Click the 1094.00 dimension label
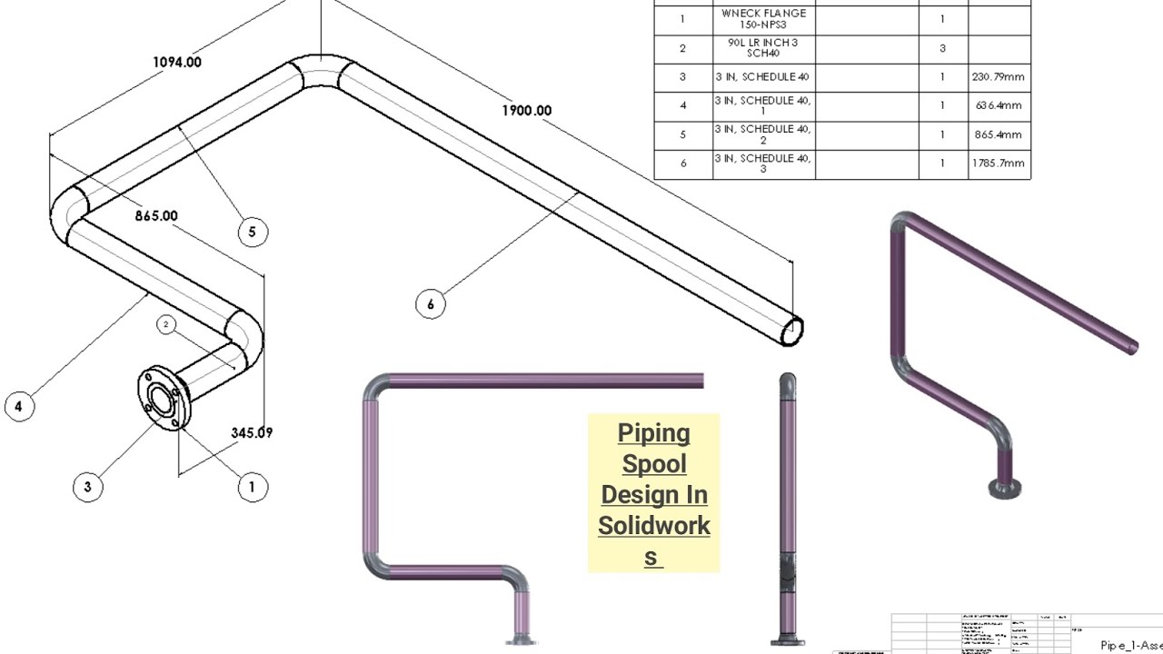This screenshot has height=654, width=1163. (177, 62)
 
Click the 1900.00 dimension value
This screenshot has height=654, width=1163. (526, 110)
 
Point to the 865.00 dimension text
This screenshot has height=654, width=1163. (156, 216)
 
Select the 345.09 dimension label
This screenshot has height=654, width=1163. (252, 433)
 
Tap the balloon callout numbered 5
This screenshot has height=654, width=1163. (253, 232)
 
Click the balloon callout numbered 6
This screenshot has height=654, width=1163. (431, 303)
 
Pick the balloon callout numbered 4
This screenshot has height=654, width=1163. (19, 406)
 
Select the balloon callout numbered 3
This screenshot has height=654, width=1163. (87, 486)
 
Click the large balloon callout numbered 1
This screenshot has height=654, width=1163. (253, 487)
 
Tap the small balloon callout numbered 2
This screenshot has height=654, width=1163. (165, 324)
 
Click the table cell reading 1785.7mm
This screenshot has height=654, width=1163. (999, 163)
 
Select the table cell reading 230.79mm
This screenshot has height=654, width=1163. (999, 77)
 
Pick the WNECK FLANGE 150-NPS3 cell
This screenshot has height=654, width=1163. (763, 19)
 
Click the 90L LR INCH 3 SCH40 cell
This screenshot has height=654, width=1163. (763, 48)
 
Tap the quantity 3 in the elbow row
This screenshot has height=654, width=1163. (942, 48)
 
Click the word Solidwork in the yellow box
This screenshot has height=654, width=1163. (654, 526)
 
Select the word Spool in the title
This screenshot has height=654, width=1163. (654, 464)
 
